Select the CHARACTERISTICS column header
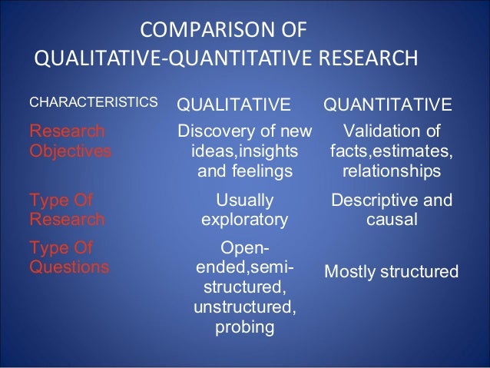click(82, 101)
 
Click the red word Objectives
click(70, 150)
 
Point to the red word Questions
click(68, 268)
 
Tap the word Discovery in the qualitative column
click(217, 130)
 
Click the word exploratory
click(244, 220)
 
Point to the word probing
click(244, 329)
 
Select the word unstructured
click(244, 309)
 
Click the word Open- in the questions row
click(244, 249)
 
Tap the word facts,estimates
click(392, 150)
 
